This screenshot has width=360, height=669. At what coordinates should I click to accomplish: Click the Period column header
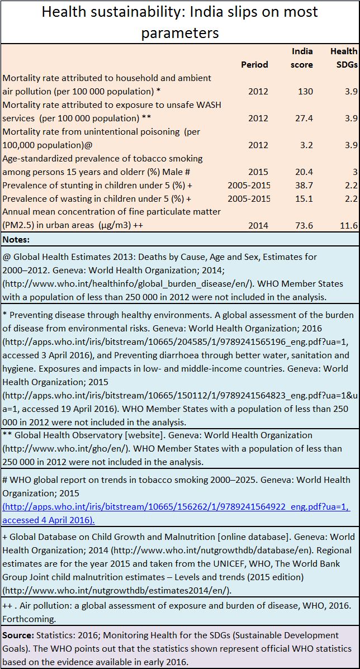coord(255,64)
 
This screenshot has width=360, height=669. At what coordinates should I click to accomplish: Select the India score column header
coord(302,58)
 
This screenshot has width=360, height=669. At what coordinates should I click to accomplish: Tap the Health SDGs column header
coord(344,58)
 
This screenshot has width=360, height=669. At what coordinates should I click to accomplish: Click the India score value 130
coord(306,91)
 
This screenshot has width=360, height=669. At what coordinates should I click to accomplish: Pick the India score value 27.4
coord(305,118)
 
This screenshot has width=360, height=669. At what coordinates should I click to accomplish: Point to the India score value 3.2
coord(307,145)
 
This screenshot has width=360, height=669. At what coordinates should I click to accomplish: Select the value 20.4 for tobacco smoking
coord(305,172)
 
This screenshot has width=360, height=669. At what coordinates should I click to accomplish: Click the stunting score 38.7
coord(305,186)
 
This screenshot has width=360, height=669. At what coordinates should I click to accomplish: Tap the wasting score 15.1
coord(305,199)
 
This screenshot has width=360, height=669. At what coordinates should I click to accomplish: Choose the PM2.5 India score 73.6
coord(305,226)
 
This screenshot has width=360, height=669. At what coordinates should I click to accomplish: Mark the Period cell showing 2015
coord(258,172)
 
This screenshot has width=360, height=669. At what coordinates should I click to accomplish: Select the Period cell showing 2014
coord(258,226)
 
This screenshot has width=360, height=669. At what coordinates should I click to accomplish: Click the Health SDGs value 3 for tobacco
coord(354,172)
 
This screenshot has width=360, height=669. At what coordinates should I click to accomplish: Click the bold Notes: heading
coord(16,240)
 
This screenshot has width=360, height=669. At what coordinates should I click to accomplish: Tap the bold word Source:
coord(18,635)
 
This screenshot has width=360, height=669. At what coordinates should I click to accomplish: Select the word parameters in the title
coord(180,32)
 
